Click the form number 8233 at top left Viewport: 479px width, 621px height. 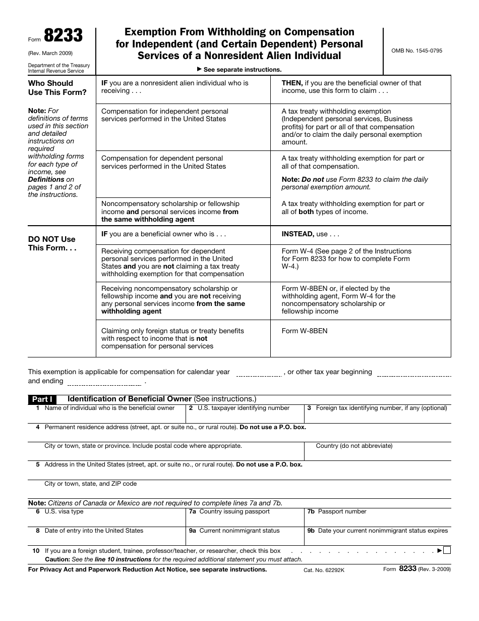click(x=63, y=36)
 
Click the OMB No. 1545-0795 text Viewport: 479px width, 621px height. click(x=416, y=51)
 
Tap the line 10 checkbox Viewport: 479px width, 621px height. click(x=447, y=550)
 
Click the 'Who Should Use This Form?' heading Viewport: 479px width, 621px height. click(x=57, y=87)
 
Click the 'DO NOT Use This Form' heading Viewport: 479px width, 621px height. click(x=52, y=243)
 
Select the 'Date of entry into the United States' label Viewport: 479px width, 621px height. click(x=94, y=531)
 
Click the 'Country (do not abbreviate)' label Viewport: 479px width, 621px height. click(x=354, y=446)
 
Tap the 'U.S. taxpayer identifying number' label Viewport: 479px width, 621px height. click(x=243, y=408)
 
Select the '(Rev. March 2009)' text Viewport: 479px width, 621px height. click(x=50, y=53)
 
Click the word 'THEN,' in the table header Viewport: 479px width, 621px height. click(x=292, y=83)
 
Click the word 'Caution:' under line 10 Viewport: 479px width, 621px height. click(x=57, y=559)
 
